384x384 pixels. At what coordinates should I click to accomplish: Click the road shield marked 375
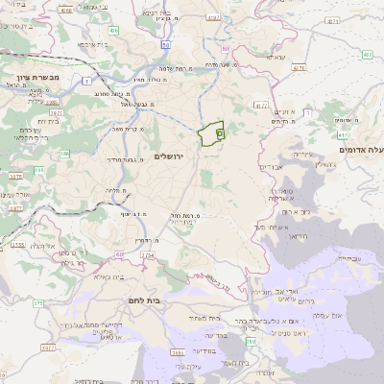click(x=39, y=303)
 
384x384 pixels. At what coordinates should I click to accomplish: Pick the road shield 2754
click(x=147, y=256)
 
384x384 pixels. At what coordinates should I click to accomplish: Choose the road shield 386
click(x=65, y=154)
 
